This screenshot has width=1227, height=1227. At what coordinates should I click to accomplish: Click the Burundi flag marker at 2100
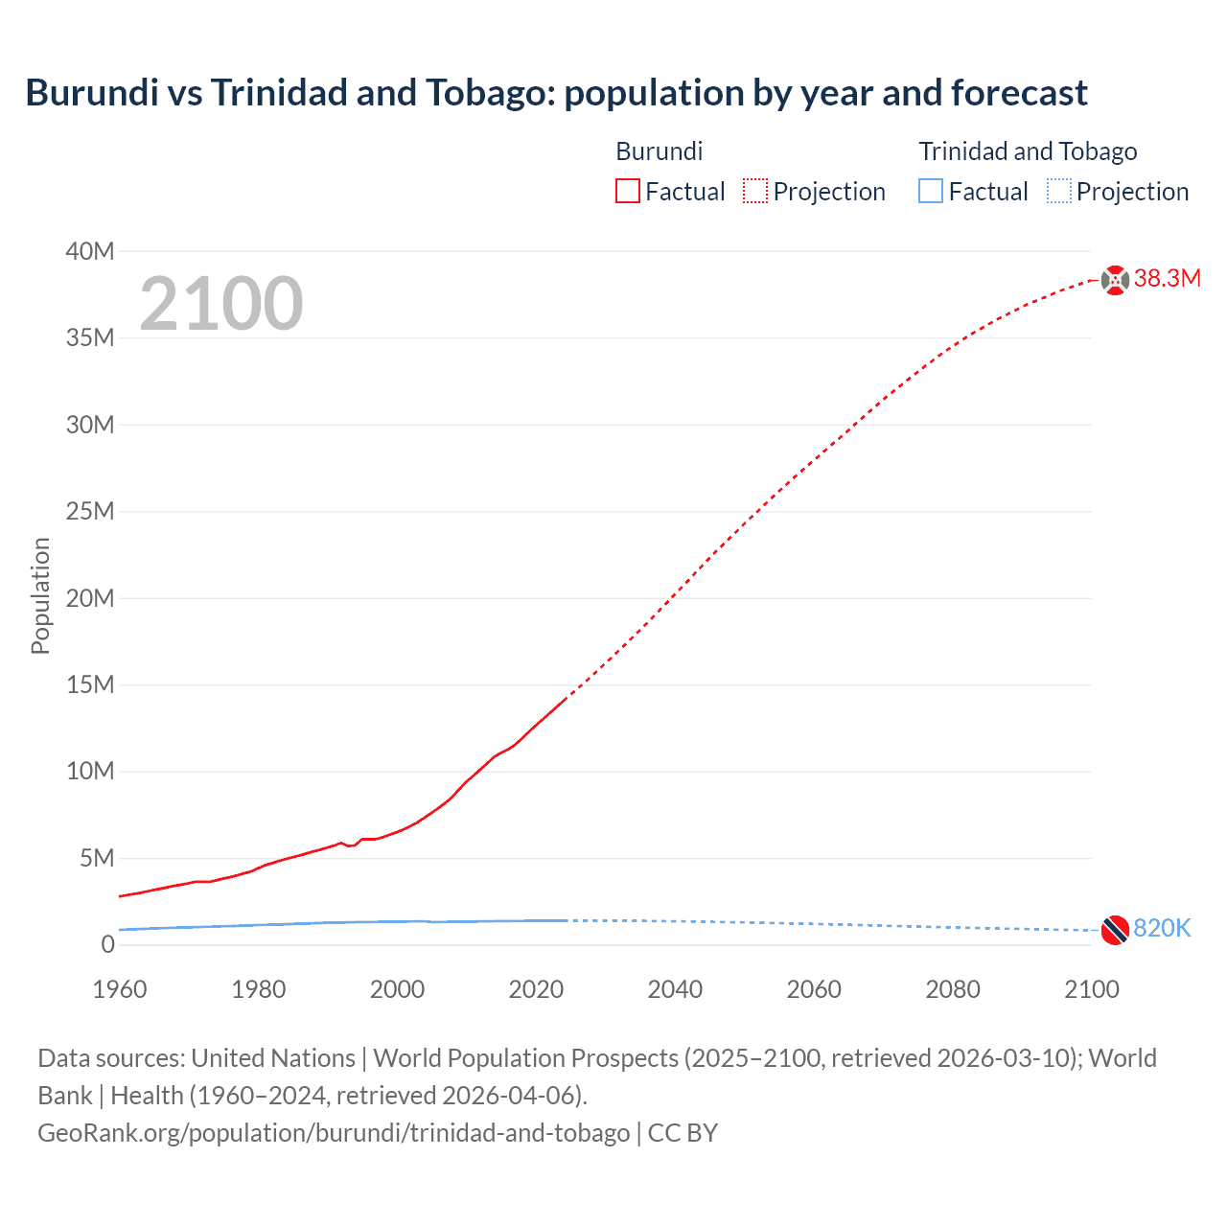pos(1115,280)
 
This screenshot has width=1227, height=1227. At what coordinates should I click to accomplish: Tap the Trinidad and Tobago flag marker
pos(1115,929)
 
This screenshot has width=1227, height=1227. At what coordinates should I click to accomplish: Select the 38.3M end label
pos(1167,279)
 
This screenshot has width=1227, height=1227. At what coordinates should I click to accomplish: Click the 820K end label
pos(1162,928)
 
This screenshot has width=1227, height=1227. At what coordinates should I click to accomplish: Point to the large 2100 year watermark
pos(221,304)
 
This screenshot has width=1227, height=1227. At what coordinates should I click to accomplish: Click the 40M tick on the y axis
pos(90,251)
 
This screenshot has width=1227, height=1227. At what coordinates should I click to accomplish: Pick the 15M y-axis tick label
pos(90,684)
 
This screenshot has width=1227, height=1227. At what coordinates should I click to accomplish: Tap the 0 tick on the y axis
pos(107,944)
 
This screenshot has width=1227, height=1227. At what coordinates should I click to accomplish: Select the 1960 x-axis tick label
pos(120,989)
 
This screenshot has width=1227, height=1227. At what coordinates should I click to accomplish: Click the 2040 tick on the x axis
pos(675,989)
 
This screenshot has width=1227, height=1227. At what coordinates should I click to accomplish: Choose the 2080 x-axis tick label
pos(953,989)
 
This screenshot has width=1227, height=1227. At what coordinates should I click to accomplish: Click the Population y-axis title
pos(40,595)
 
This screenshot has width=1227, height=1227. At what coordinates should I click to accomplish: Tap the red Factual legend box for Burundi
pos(628,191)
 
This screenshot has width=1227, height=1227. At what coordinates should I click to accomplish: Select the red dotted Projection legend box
pos(755,191)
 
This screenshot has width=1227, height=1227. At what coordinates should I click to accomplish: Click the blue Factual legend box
pos(931,191)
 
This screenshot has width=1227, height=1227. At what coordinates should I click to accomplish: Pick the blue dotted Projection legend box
pos(1058,191)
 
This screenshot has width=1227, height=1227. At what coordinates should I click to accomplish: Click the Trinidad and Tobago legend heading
pos(1028,151)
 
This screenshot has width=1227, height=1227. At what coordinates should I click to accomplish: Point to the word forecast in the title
pos(1019,93)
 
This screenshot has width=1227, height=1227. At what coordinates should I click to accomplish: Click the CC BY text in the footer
pos(683,1133)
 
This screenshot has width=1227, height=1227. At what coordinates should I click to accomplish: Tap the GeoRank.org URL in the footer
pos(334,1133)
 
